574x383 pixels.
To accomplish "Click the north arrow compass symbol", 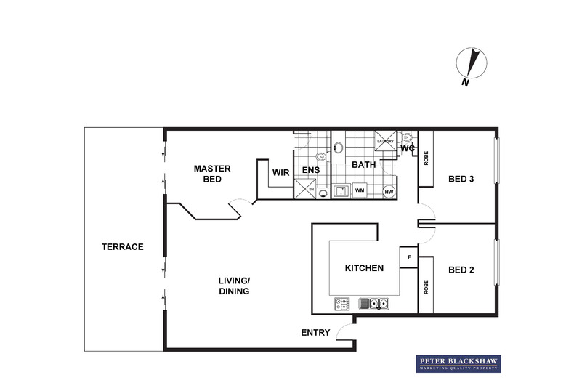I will click(472, 65).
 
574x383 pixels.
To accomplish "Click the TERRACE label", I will click(122, 247).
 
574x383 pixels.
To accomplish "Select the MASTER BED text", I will click(211, 174).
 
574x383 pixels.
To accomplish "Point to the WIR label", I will click(281, 173).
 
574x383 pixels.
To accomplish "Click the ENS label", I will click(311, 171).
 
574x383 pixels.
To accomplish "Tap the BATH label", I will click(363, 165).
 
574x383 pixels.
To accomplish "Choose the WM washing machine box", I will click(360, 191).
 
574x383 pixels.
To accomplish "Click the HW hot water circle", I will click(389, 192).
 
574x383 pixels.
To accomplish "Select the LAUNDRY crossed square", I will click(385, 142).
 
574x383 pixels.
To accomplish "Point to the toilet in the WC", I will click(407, 137).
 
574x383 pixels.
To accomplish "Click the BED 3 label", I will click(461, 179).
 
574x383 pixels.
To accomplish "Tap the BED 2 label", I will click(461, 270).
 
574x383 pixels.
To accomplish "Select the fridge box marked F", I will click(409, 257).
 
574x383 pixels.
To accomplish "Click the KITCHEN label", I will click(364, 268).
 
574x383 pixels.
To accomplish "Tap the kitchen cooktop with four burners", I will click(343, 304).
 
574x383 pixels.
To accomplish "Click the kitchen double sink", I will click(375, 304).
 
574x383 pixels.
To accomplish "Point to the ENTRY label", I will click(315, 333).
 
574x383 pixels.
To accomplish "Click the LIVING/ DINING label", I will click(234, 286).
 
